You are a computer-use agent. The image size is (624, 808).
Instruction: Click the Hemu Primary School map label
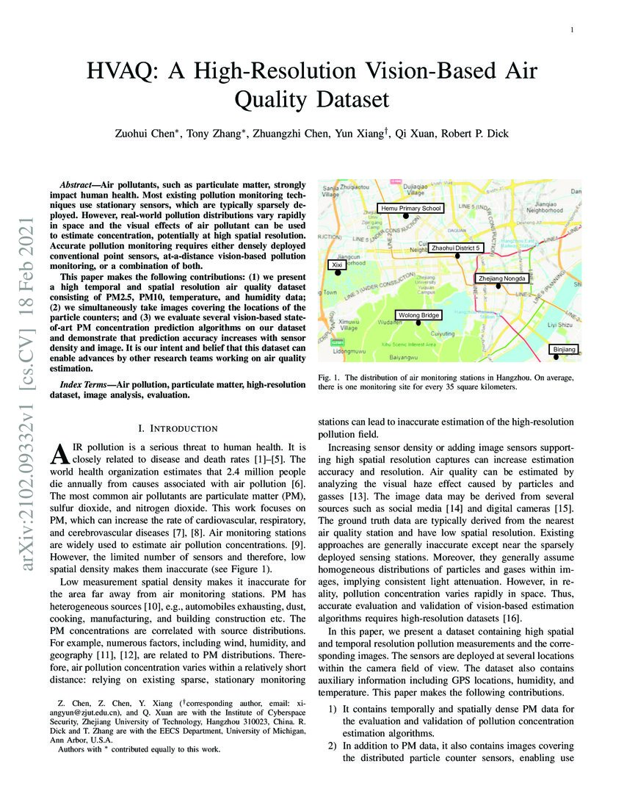point(411,209)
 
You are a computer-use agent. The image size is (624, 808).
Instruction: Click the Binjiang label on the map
point(564,349)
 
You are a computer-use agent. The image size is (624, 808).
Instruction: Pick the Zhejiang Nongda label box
point(501,278)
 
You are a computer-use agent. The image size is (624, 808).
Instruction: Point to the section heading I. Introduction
point(178,428)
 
